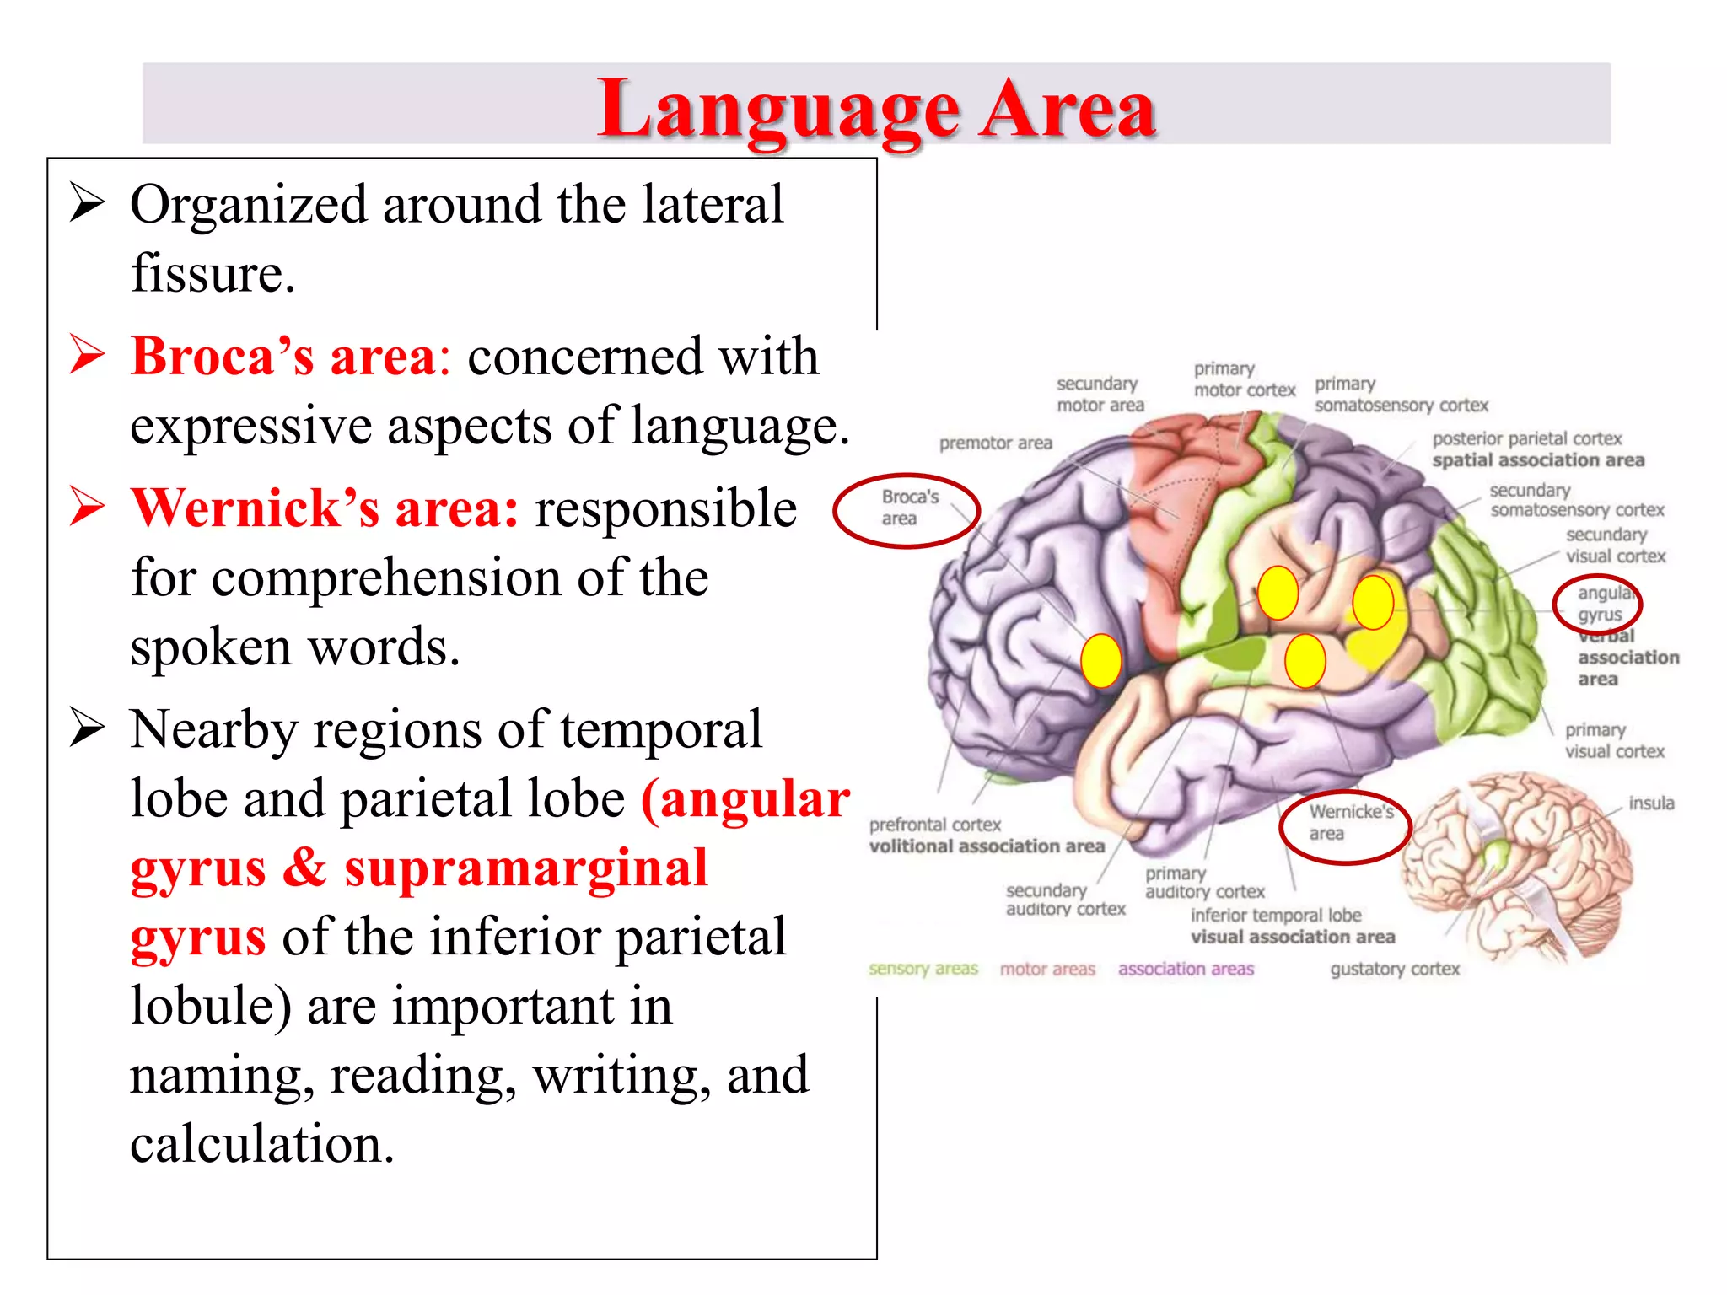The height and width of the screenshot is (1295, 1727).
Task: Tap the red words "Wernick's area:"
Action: point(324,508)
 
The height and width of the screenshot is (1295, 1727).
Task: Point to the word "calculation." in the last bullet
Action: point(262,1144)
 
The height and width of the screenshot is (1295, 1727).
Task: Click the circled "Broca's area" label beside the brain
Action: point(907,508)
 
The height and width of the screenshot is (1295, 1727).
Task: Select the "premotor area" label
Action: point(996,443)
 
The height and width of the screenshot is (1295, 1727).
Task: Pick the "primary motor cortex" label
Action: point(1244,380)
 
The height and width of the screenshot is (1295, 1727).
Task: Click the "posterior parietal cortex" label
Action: point(1527,439)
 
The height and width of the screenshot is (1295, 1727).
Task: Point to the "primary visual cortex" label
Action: point(1614,741)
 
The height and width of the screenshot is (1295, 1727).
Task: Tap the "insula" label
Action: point(1651,803)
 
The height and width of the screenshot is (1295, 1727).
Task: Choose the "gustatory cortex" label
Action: point(1395,970)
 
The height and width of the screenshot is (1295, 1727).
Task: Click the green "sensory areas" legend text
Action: point(923,970)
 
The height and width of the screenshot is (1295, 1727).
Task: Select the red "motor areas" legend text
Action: point(1047,970)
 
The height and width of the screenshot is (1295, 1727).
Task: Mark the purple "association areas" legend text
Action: point(1186,970)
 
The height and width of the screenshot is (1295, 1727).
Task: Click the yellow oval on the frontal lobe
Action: point(1100,661)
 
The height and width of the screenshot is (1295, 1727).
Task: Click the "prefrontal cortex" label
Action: point(935,825)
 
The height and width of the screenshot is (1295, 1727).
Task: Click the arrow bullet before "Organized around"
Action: point(87,203)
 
